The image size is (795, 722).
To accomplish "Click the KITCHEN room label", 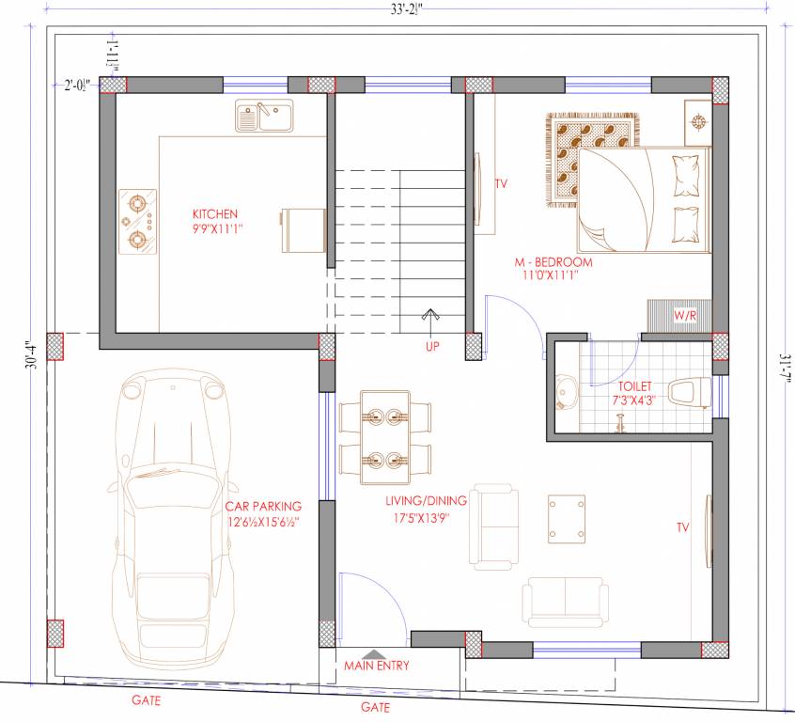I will coord(215,213).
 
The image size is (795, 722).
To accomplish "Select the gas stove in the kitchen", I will coord(137,223).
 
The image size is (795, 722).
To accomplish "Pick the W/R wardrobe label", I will coord(685,316).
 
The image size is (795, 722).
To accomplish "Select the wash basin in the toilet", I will coord(567,393).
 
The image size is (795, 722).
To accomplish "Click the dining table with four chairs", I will coord(386,433).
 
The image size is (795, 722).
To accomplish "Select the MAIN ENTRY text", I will coord(375,666).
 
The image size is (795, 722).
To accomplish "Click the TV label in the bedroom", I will coord(501,183).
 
